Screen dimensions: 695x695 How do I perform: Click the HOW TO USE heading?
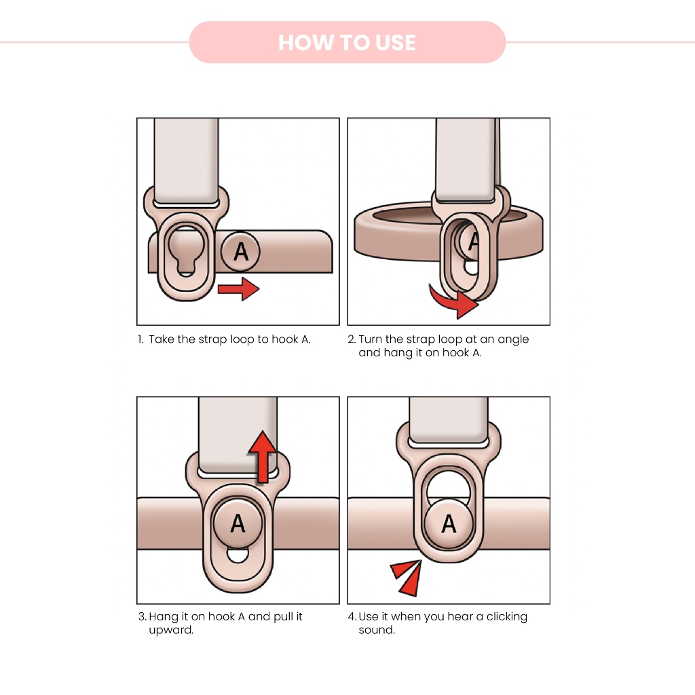(x=347, y=43)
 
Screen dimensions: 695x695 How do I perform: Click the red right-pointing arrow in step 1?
(x=238, y=289)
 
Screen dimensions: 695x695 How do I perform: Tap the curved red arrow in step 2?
(x=452, y=301)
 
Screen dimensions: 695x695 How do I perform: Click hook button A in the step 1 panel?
(x=241, y=251)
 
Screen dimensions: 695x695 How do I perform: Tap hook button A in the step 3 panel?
(x=238, y=523)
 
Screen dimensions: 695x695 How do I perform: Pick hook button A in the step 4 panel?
(x=449, y=523)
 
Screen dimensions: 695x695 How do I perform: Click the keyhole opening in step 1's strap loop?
(x=186, y=248)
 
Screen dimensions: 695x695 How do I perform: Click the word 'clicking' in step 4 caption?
(x=506, y=617)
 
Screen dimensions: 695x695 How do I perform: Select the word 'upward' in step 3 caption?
(x=170, y=631)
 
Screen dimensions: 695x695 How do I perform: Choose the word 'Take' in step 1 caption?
(x=162, y=339)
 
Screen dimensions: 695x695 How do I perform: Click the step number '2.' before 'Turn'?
(x=352, y=339)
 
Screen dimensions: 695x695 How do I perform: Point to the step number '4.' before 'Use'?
(x=352, y=617)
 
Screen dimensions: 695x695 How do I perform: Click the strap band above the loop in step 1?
(x=186, y=159)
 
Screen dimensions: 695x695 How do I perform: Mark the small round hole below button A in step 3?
(x=238, y=556)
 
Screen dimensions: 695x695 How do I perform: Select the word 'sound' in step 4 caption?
(x=376, y=631)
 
